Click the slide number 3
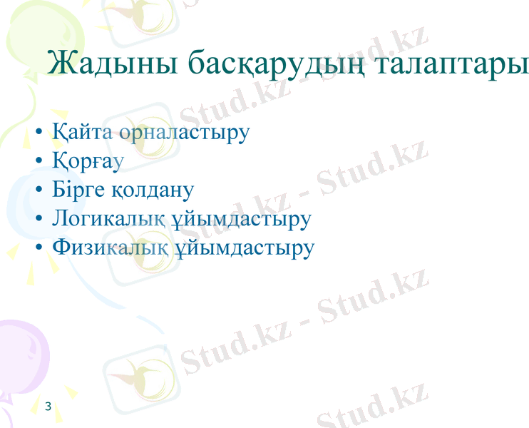48,407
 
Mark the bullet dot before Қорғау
40,162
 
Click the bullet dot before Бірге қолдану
40,190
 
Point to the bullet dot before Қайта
40,133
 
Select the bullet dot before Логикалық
40,219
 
